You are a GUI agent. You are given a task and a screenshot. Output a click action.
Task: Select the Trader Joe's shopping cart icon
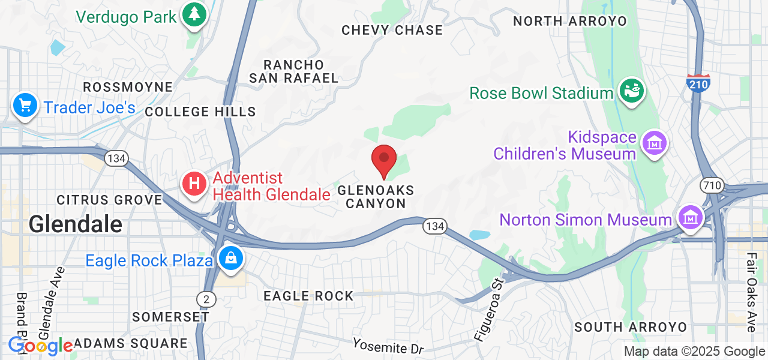pos(25,106)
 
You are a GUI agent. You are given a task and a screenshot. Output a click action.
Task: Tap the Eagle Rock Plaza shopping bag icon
pos(230,259)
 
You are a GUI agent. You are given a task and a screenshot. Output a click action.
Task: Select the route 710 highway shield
pos(713,185)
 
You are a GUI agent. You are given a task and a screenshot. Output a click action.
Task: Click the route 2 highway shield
pos(206,298)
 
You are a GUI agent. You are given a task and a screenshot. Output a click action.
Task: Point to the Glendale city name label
pos(76,224)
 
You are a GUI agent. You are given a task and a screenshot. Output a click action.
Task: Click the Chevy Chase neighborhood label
pos(392,30)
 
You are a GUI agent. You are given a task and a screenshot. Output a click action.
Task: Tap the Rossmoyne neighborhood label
pos(128,87)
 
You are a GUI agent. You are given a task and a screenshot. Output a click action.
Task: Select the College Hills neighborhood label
pos(200,112)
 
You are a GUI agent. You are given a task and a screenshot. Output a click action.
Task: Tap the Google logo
pos(40,346)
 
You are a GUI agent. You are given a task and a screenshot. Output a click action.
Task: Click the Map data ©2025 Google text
pos(694,352)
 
